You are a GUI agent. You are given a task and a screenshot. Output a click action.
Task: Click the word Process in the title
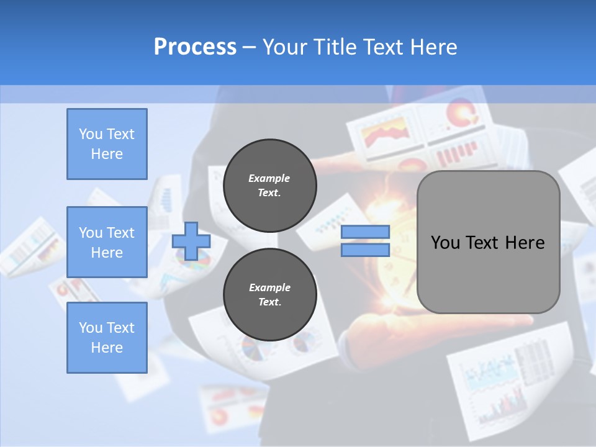[x=195, y=47]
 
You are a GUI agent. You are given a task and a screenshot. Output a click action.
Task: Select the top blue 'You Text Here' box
[x=107, y=144]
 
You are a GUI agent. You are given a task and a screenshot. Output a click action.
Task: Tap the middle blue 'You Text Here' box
[x=107, y=242]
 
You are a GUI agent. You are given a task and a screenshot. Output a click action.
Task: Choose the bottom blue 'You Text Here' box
[x=107, y=338]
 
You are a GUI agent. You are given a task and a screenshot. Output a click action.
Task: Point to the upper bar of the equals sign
[x=366, y=232]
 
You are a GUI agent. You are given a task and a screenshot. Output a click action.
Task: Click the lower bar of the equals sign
[x=366, y=250]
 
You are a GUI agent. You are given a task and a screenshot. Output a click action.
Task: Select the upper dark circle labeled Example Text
[x=269, y=186]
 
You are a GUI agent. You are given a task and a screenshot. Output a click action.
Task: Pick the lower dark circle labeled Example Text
[x=269, y=295]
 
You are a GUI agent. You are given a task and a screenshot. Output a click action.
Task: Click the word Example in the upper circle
[x=269, y=178]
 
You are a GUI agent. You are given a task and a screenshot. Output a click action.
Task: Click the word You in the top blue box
[x=90, y=134]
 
